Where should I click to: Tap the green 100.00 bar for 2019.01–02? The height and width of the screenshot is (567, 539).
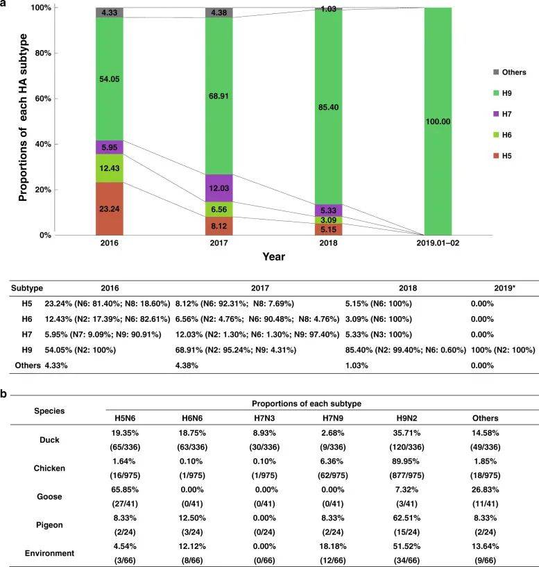coord(438,121)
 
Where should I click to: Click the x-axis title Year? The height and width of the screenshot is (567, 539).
coord(273,256)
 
